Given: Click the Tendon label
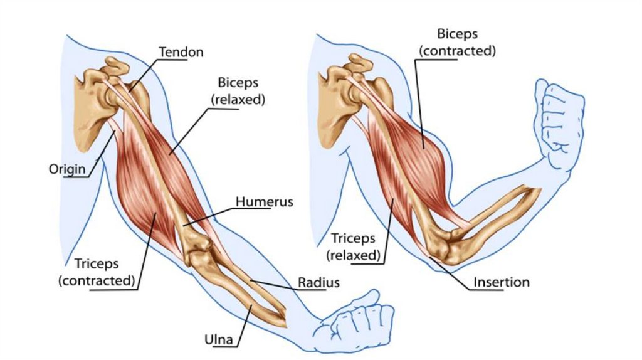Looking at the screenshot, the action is pyautogui.click(x=181, y=52).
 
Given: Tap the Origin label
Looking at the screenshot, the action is pyautogui.click(x=67, y=169).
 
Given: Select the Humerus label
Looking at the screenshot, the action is pyautogui.click(x=265, y=202).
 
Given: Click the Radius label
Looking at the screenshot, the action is pyautogui.click(x=318, y=282).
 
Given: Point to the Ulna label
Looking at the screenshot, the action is pyautogui.click(x=219, y=341).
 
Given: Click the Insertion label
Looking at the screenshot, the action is pyautogui.click(x=501, y=282).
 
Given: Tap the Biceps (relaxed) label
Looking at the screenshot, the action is pyautogui.click(x=238, y=91).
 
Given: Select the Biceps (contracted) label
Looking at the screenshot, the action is pyautogui.click(x=457, y=42).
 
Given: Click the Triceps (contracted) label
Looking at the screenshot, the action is pyautogui.click(x=97, y=271).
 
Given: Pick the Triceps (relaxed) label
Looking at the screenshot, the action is pyautogui.click(x=354, y=246).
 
